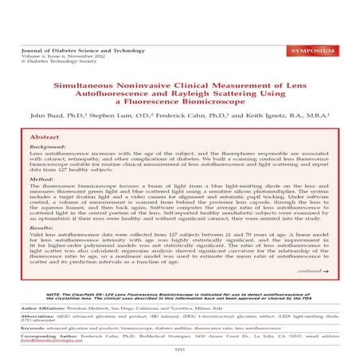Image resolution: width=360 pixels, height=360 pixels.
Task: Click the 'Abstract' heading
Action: [45, 137]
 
